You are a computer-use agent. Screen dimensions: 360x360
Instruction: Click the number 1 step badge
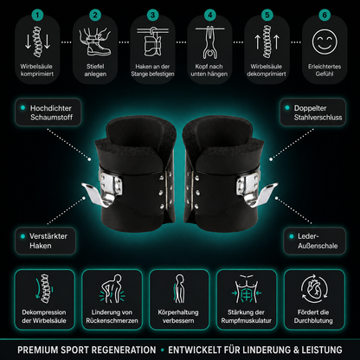[37, 15]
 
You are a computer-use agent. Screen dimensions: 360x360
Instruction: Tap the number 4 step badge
[209, 15]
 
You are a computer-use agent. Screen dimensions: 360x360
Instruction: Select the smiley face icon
[325, 42]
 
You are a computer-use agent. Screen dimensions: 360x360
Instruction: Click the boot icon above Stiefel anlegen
[95, 42]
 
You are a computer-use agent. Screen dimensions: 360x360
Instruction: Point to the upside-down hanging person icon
[209, 42]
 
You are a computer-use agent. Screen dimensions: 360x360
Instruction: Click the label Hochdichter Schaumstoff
[51, 112]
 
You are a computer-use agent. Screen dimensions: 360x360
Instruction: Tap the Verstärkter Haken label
[48, 241]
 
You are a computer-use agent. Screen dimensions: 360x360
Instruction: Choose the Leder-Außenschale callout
[318, 241]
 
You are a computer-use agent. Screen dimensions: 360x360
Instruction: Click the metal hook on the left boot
[95, 194]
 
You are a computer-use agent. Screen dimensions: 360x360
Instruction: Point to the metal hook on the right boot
[263, 194]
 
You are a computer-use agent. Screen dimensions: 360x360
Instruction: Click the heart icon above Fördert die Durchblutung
[314, 290]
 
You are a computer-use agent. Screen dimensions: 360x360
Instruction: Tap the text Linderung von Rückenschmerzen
[112, 317]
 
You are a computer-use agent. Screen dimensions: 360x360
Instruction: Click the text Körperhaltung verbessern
[178, 317]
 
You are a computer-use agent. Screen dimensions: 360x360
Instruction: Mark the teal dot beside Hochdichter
[22, 108]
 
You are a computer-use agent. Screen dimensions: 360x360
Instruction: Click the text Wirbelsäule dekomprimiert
[267, 70]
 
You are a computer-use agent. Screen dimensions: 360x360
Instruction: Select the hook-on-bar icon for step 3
[152, 42]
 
